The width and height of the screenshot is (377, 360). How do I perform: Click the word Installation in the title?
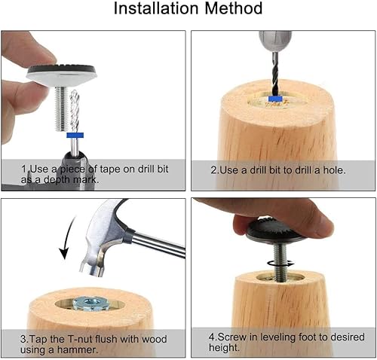click(156, 8)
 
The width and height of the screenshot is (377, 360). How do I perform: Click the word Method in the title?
click(234, 8)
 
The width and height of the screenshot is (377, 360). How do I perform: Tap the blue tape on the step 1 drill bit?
click(75, 136)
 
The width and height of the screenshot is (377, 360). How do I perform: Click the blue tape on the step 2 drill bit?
click(276, 99)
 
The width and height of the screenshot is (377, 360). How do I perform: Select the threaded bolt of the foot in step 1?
click(62, 108)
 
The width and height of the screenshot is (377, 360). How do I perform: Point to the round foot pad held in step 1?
click(61, 75)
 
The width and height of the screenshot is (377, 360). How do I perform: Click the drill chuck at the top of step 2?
click(275, 41)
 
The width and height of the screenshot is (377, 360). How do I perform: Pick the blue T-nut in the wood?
click(90, 304)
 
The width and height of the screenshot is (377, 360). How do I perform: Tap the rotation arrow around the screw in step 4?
click(280, 264)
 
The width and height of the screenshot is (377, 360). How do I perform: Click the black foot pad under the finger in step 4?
click(275, 231)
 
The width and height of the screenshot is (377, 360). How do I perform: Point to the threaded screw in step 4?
click(279, 261)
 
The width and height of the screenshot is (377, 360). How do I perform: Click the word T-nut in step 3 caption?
click(81, 339)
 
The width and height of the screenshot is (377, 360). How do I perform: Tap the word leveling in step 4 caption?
click(277, 337)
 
